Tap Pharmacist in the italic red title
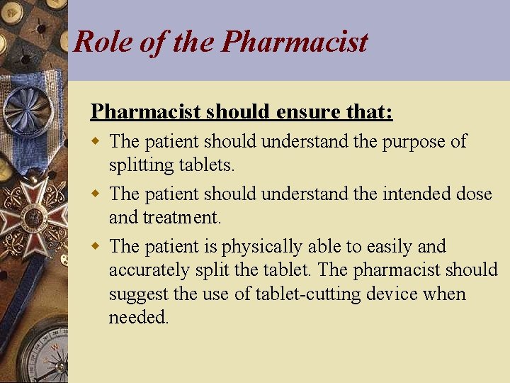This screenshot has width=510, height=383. point(295,42)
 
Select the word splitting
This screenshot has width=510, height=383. point(139,165)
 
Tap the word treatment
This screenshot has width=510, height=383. point(183,217)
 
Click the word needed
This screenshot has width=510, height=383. point(139,318)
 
